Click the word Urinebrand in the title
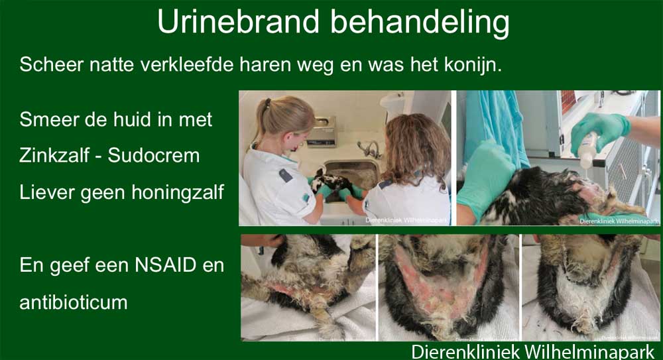pos(238,21)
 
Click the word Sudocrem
pos(154,155)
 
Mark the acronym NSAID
pos(166,265)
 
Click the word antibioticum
pos(73,302)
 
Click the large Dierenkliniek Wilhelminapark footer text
pos(533,352)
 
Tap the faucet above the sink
pos(369,149)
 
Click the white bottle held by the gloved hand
pos(588,150)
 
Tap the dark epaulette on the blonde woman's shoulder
pos(286,176)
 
